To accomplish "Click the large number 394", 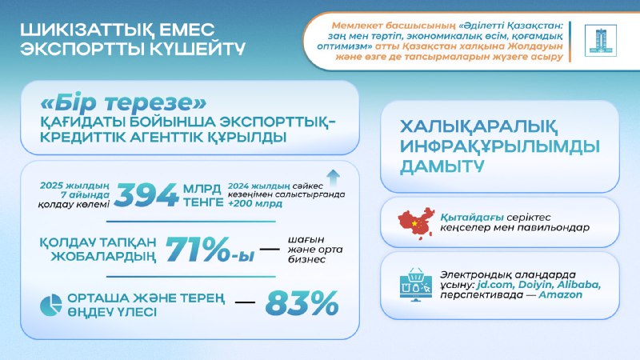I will coord(147,193).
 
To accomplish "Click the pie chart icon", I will coord(52,305).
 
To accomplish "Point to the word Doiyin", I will coord(527,283).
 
